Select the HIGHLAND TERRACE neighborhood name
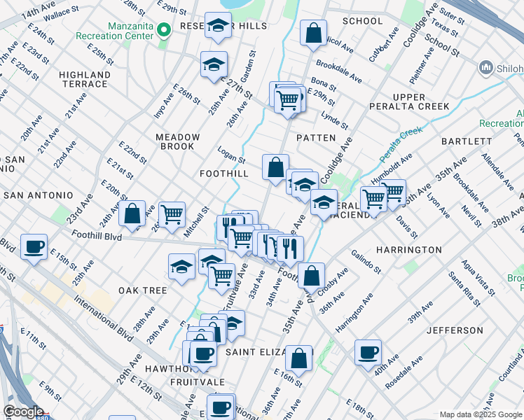coord(85,79)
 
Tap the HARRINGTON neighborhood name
coord(408,250)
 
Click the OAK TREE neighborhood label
coord(142,290)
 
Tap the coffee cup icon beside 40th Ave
coord(367,351)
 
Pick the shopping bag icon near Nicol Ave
coord(313,31)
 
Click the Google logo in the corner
coord(23,412)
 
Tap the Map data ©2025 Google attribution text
coord(480,414)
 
